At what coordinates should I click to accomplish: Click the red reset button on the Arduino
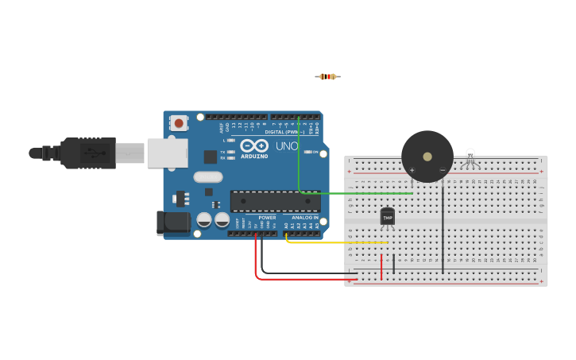coord(179,123)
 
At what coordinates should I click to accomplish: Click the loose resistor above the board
coord(327,76)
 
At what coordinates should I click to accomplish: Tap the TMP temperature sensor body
coord(388,215)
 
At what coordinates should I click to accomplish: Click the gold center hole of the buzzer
coord(427,157)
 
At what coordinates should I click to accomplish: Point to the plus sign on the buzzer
coord(412,170)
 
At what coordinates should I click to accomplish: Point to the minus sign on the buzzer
coord(443,170)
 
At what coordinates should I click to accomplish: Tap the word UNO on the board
coord(287,146)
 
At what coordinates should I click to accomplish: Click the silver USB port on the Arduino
coord(167,153)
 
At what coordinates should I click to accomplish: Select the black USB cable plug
coord(88,153)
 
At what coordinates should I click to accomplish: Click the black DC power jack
coord(172,223)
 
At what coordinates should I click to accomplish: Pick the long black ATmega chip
coord(275,201)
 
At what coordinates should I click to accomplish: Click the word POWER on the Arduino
coord(267,217)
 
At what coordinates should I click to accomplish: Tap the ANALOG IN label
coord(305,217)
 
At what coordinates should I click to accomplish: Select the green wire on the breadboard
coord(358,193)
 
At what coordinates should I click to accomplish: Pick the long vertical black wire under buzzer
coord(443,230)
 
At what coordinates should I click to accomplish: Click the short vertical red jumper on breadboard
coord(381,267)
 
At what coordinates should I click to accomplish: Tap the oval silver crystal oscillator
coord(207,177)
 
